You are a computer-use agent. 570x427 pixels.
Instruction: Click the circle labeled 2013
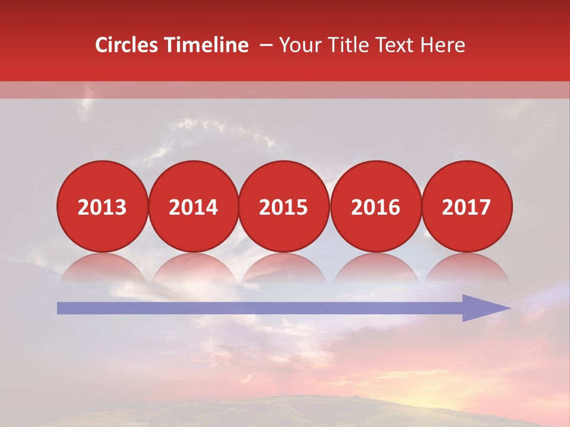pos(102,207)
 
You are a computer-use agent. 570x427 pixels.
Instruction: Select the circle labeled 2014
pos(193,207)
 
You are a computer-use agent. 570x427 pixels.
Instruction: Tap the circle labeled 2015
pos(284,207)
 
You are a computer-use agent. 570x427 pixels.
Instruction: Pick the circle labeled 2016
pos(375,207)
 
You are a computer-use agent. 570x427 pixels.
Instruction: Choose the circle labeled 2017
pos(466,207)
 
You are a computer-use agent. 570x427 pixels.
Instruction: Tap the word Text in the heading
pos(394,45)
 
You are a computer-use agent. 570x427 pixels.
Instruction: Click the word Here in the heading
pos(442,45)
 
